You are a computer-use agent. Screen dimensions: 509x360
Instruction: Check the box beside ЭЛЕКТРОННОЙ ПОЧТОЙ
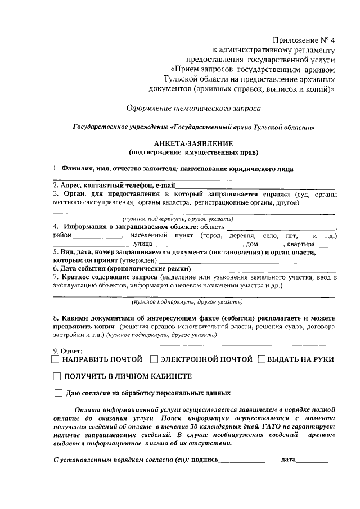tap(154, 359)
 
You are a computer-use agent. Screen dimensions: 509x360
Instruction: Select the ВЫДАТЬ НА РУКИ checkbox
tap(262, 359)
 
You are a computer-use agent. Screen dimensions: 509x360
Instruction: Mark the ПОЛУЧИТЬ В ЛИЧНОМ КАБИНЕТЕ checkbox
tap(56, 376)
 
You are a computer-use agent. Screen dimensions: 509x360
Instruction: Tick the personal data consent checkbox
tap(59, 394)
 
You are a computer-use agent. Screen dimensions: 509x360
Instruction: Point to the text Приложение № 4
tap(303, 40)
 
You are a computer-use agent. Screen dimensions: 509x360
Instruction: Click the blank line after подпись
tap(242, 461)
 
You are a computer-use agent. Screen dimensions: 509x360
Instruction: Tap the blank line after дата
tap(312, 461)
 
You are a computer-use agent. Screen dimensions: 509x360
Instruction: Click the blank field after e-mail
tap(256, 186)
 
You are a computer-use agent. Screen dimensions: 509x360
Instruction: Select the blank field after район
tap(98, 235)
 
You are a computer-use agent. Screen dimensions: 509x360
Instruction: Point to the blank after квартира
tap(325, 245)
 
